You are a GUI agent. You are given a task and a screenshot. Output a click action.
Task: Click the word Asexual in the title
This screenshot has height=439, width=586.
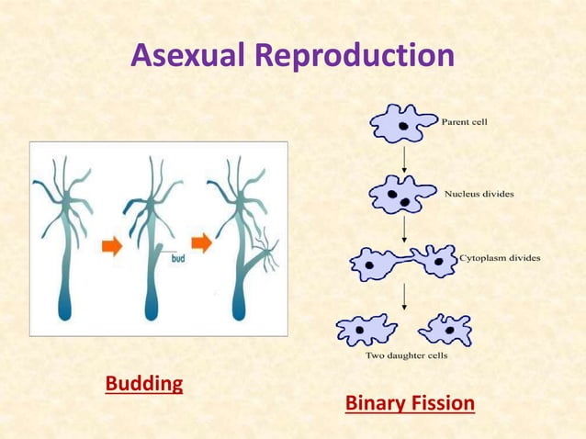coord(188,56)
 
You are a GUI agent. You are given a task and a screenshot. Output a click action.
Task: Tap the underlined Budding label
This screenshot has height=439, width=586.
coord(144,383)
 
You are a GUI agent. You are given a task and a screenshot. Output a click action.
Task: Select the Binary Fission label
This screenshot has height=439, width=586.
coord(410,403)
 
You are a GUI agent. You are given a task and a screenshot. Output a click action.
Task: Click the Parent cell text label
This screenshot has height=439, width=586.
coord(470,121)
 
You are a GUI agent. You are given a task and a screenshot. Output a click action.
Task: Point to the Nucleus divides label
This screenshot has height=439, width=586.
coord(479,194)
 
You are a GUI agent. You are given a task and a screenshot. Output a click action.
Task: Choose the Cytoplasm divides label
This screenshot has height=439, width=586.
coord(499,258)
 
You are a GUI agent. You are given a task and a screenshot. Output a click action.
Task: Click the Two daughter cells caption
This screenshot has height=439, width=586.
coord(406,355)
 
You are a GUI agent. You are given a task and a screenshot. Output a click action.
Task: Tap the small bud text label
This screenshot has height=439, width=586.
coord(178,259)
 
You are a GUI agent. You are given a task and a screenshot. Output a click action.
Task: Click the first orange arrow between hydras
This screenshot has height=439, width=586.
coord(111,247)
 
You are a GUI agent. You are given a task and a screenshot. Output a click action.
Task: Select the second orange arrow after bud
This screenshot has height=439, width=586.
coord(201,243)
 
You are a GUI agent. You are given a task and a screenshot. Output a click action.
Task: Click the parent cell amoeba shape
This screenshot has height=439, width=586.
coord(402,123)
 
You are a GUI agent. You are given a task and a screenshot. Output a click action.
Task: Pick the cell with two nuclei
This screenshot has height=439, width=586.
coord(401,195)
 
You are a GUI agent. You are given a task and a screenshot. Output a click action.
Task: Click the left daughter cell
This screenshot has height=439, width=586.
coord(366,329)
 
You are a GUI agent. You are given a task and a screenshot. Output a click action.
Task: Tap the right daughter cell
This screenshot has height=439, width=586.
coord(445,329)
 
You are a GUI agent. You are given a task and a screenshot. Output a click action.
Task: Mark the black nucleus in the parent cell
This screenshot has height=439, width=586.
coord(402,124)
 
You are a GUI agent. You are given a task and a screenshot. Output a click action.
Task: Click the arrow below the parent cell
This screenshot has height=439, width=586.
coord(404,159)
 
